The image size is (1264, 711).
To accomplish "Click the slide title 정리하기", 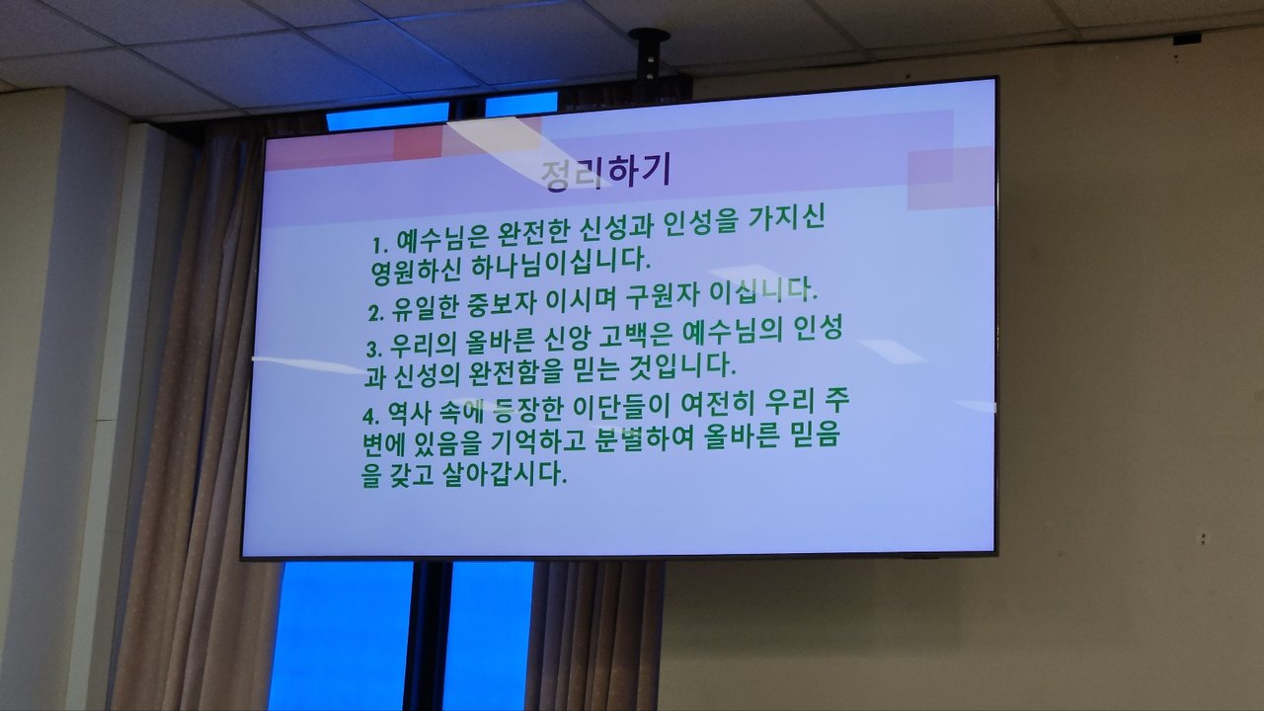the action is click(605, 173).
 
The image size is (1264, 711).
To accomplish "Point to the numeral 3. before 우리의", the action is click(374, 349).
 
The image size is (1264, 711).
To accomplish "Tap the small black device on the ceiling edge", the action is click(1187, 39).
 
